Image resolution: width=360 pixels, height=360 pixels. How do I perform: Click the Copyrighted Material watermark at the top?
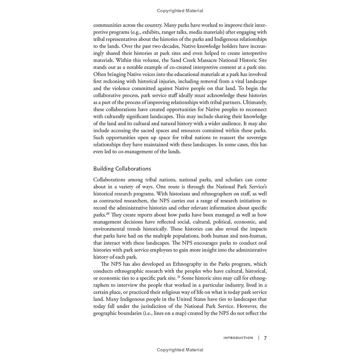click(x=180, y=11)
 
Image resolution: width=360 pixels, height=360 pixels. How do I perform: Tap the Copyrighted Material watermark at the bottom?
click(x=180, y=350)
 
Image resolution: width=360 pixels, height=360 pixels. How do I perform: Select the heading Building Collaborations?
click(x=122, y=169)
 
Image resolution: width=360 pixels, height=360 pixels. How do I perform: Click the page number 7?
click(x=265, y=338)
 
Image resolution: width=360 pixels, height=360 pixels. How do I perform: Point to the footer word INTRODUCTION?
click(x=238, y=338)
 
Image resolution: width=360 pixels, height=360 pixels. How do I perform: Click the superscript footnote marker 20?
click(x=108, y=214)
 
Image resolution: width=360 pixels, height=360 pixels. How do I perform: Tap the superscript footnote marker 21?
click(x=179, y=277)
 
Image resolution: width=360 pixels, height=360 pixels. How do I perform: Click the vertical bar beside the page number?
click(x=259, y=338)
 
